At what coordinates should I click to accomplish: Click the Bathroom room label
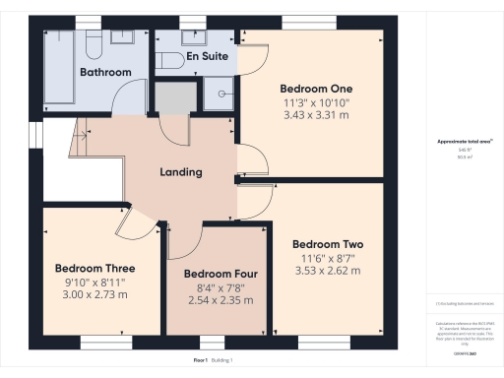click(x=105, y=72)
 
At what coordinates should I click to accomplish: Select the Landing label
click(x=181, y=172)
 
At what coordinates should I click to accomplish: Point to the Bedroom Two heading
click(x=328, y=244)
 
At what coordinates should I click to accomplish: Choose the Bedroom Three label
click(x=94, y=268)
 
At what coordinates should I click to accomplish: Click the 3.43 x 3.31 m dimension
click(x=315, y=116)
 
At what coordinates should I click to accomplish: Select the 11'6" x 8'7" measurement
click(x=328, y=258)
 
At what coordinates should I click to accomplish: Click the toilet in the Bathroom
click(x=92, y=45)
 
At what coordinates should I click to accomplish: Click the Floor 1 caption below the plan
click(x=202, y=360)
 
